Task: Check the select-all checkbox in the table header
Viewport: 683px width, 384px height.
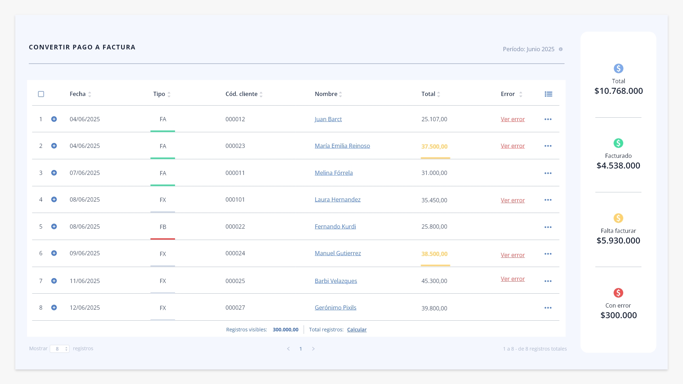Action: (x=41, y=94)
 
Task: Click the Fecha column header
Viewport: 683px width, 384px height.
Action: (x=78, y=94)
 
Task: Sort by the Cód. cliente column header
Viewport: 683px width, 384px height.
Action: (x=242, y=94)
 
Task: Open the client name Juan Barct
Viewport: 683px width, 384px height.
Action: (x=328, y=119)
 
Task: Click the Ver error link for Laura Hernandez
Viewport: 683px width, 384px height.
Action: (x=513, y=200)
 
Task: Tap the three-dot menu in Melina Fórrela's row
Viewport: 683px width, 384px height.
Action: (x=548, y=173)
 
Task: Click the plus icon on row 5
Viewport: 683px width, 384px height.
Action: (x=54, y=226)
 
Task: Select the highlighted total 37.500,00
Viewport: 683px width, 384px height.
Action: (x=434, y=146)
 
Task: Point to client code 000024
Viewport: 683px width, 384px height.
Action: (x=235, y=253)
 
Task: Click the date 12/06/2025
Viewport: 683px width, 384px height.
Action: (x=85, y=308)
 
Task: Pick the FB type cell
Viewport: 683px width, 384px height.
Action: (x=163, y=227)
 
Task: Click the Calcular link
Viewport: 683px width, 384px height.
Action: (x=357, y=330)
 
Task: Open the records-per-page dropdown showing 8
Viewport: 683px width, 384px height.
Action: (x=60, y=349)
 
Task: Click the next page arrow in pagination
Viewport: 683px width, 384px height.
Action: (x=313, y=349)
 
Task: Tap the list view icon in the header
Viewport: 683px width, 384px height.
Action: (x=549, y=94)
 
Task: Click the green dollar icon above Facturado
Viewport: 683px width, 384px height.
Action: (x=618, y=143)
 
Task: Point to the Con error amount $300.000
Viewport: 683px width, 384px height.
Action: (x=619, y=315)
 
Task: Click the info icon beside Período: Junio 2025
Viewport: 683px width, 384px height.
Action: (x=561, y=49)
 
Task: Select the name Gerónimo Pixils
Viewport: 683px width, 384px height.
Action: (x=335, y=308)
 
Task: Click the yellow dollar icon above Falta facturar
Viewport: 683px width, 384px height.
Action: (x=618, y=218)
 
